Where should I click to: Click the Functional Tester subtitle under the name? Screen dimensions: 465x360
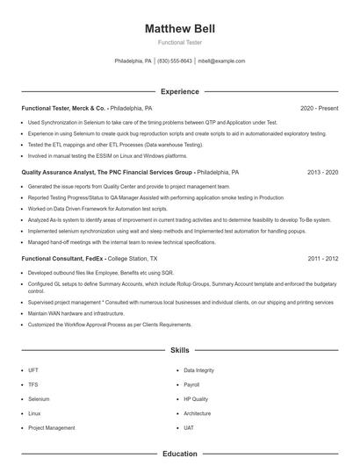click(179, 42)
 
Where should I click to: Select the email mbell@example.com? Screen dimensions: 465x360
click(221, 61)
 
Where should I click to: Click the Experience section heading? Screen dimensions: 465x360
click(179, 91)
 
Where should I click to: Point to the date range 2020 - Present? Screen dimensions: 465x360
click(319, 108)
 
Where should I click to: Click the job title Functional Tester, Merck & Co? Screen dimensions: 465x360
click(64, 108)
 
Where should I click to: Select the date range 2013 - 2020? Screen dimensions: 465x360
click(322, 173)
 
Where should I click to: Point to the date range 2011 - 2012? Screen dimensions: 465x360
click(322, 259)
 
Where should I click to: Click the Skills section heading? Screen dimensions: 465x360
click(179, 349)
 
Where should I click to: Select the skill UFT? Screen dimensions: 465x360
click(33, 370)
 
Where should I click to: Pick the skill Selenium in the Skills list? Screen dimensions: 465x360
click(40, 398)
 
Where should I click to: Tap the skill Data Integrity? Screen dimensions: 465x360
click(198, 370)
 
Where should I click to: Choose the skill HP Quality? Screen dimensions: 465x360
click(197, 398)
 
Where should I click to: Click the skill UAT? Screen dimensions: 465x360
click(189, 427)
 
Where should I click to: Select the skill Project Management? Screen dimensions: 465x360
click(51, 427)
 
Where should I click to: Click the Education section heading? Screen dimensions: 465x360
click(179, 454)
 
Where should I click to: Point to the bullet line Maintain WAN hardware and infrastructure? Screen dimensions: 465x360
click(76, 312)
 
